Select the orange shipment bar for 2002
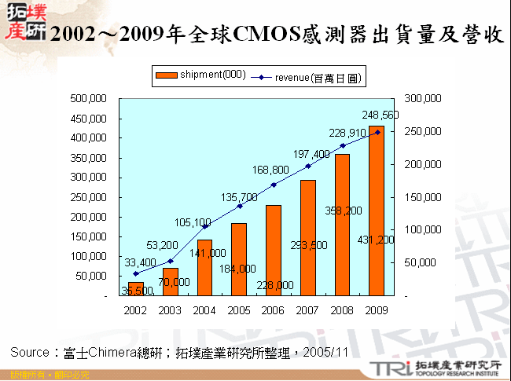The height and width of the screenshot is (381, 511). [136, 288]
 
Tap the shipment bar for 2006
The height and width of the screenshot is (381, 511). [274, 250]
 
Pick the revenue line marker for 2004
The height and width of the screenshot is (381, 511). [204, 226]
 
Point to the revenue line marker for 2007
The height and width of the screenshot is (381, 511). [308, 166]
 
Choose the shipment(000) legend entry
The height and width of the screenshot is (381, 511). [202, 75]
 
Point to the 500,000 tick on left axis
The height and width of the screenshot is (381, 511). [90, 99]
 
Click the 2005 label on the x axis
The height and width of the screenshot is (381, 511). [239, 310]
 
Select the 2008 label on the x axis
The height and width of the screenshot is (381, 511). [342, 310]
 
